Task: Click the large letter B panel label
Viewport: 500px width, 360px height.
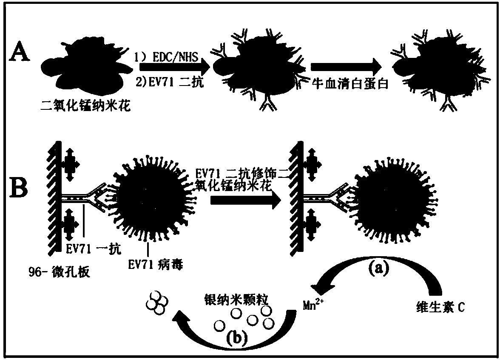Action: click(20, 189)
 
